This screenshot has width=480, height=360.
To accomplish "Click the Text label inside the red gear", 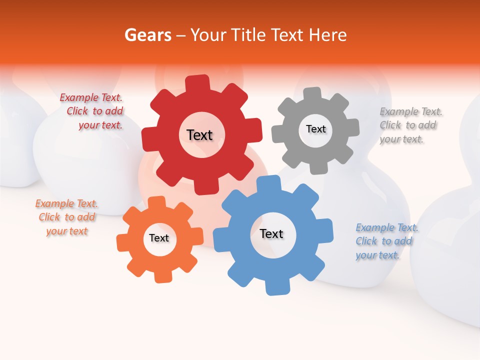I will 199,135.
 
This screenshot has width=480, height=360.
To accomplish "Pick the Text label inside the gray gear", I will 315,129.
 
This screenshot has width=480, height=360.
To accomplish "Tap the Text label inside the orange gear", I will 158,238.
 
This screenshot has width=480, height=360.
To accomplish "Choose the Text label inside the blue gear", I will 271,233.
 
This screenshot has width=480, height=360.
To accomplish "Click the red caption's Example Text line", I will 91,98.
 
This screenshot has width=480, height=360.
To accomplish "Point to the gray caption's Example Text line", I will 411,111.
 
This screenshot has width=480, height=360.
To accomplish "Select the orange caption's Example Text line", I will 66,203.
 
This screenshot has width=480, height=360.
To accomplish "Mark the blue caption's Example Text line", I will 387,227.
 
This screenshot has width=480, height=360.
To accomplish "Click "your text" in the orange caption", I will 66,231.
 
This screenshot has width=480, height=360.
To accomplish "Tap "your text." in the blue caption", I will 377,255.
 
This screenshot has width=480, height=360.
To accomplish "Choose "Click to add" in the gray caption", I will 407,125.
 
